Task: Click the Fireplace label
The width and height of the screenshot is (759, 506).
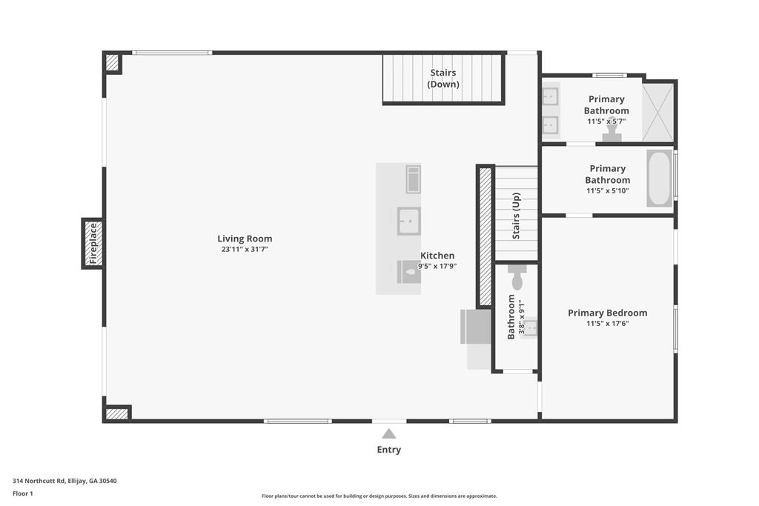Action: click(x=93, y=243)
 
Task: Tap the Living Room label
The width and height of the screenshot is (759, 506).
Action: click(x=245, y=239)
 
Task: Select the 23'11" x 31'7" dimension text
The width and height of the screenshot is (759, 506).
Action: click(x=245, y=250)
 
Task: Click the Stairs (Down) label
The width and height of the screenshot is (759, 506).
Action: click(x=443, y=79)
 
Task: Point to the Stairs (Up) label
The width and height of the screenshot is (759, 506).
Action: click(x=516, y=216)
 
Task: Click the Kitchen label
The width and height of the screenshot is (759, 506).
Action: click(x=437, y=256)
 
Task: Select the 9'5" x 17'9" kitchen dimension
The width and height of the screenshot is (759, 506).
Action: click(x=437, y=266)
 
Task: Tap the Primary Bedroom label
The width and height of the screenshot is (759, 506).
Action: click(x=608, y=313)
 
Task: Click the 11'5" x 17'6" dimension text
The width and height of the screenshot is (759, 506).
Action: click(x=608, y=324)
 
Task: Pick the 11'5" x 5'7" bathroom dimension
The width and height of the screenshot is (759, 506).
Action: click(x=606, y=121)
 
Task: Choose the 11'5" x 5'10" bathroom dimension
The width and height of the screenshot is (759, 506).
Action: click(x=608, y=190)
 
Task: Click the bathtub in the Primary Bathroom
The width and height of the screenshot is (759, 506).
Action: click(x=659, y=179)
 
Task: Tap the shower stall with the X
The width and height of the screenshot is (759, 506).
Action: click(x=658, y=113)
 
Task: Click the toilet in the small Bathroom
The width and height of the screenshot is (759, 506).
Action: click(x=517, y=276)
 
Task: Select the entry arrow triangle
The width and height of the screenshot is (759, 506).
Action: click(x=388, y=433)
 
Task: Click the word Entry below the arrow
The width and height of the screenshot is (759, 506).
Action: click(x=388, y=450)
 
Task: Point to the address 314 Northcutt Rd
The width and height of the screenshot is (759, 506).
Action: click(x=64, y=481)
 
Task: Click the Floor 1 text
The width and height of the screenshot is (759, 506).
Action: click(x=23, y=493)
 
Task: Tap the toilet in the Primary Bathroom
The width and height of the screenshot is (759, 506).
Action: click(x=611, y=135)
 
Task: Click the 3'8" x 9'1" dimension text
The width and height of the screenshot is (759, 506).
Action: click(x=521, y=317)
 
